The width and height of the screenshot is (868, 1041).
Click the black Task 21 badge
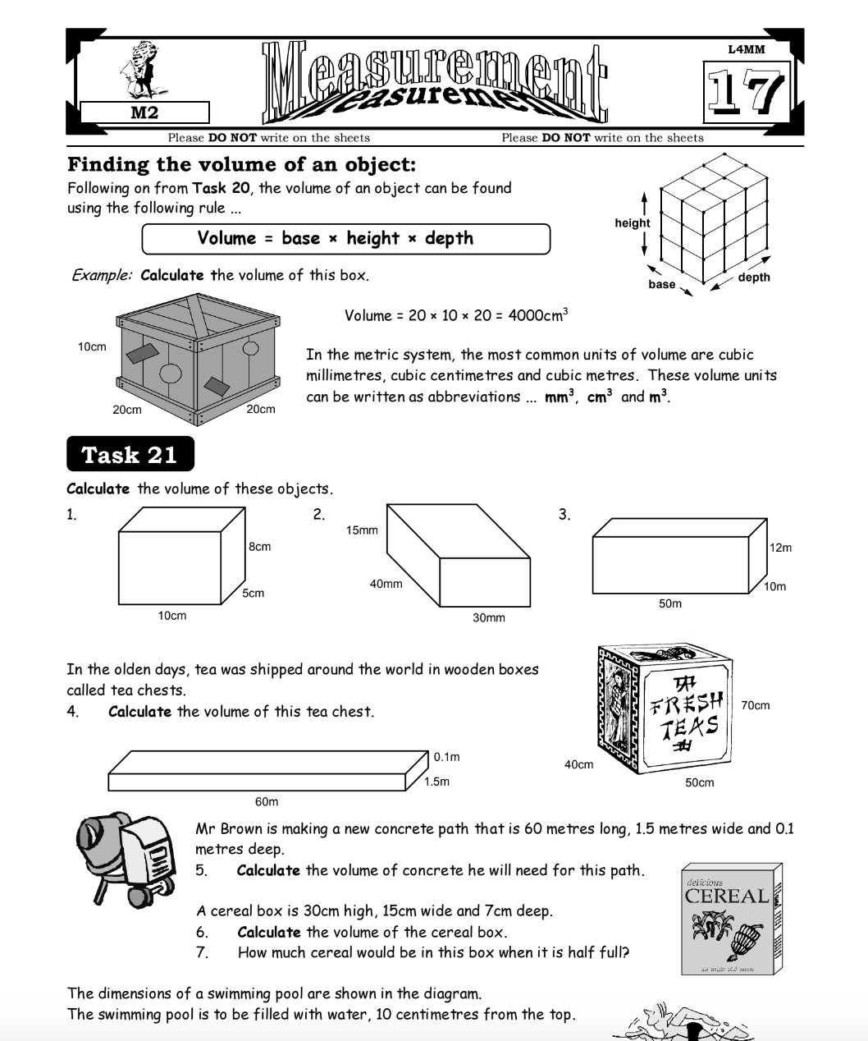[x=130, y=454]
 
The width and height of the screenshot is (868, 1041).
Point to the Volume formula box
[x=345, y=239]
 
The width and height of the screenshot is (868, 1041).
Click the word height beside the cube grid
[x=632, y=222]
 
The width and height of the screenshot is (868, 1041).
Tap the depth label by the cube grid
[x=754, y=277]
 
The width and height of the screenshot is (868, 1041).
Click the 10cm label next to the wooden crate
[x=92, y=347]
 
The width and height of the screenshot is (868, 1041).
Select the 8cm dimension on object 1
[x=259, y=547]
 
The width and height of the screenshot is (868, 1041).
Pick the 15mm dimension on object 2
[x=362, y=530]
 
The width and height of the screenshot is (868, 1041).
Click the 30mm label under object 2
[x=489, y=617]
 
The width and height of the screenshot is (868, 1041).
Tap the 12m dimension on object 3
[x=781, y=548]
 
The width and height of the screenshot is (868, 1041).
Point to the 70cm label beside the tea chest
[x=755, y=705]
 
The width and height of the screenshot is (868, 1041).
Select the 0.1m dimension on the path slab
[x=446, y=757]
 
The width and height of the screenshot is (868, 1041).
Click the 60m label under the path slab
[x=267, y=801]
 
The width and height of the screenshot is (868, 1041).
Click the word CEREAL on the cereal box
[x=727, y=896]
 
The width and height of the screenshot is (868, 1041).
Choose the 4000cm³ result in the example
[x=538, y=315]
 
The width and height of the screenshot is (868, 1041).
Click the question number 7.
[x=202, y=952]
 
